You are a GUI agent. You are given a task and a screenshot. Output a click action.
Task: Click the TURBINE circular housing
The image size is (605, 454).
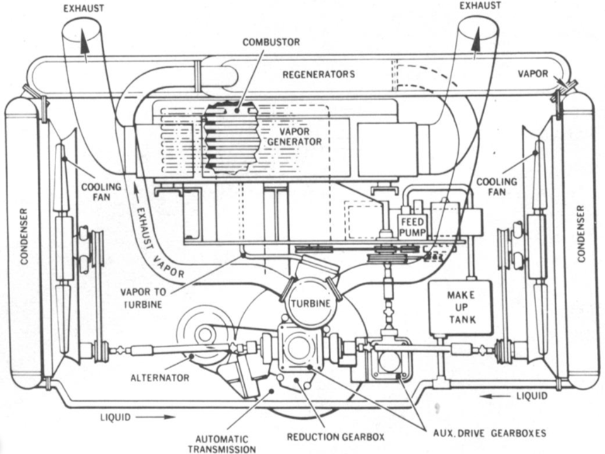click(x=311, y=303)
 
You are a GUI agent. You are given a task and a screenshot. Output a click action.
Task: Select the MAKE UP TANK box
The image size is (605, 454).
click(x=461, y=308)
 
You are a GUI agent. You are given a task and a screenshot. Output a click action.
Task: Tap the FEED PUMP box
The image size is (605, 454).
click(x=413, y=227)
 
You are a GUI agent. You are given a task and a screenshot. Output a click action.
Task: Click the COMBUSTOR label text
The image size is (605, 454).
click(x=271, y=42)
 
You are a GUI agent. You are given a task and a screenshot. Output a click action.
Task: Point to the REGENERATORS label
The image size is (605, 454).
click(x=319, y=74)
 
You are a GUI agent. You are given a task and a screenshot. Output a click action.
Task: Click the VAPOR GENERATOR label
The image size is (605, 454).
click(x=294, y=137)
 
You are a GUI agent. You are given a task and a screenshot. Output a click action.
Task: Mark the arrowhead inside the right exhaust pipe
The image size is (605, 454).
click(x=477, y=38)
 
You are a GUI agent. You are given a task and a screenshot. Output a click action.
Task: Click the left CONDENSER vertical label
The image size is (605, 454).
click(x=24, y=236)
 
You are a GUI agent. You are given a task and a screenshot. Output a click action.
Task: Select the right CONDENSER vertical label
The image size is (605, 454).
click(x=581, y=234)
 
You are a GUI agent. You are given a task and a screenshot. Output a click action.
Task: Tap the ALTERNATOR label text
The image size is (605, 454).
click(x=160, y=377)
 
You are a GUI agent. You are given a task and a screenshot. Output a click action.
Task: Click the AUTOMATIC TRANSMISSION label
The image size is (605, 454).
click(x=221, y=444)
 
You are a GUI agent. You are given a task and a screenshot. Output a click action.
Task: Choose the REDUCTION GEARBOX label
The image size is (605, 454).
click(x=336, y=436)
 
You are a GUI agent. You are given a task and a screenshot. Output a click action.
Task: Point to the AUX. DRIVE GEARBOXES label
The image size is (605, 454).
click(x=490, y=433)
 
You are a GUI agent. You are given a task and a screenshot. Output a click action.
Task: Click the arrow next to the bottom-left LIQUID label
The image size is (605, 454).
click(x=156, y=417)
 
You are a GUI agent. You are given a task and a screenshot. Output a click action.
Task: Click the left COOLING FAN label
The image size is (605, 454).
click(x=101, y=192)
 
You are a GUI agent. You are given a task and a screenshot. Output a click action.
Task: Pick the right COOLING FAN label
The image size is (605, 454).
click(x=496, y=186)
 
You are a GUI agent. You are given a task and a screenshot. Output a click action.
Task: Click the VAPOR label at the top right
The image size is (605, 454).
click(x=533, y=73)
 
